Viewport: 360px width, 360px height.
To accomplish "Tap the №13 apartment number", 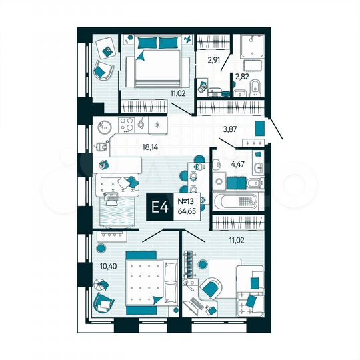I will point(187,200).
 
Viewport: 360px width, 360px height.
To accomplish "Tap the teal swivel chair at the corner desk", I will point(211,289).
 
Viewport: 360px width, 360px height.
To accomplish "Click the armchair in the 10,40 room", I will point(103,302).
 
